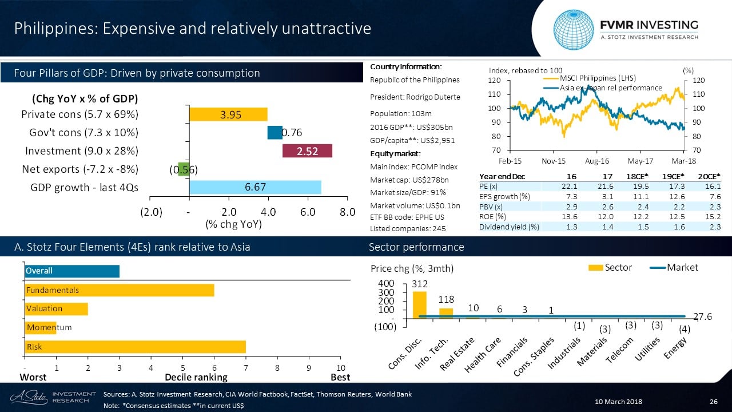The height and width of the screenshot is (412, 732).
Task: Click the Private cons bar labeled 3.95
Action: [x=228, y=114]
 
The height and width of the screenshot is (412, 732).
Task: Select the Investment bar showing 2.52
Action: [x=307, y=150]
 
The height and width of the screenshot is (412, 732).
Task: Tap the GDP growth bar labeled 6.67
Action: [x=255, y=187]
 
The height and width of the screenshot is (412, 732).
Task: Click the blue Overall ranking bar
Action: [x=71, y=271]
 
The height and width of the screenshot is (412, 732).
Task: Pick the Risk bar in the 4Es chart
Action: [x=135, y=347]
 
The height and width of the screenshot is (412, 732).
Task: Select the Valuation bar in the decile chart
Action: [x=56, y=308]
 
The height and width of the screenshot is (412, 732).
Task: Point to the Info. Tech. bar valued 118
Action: [x=446, y=312]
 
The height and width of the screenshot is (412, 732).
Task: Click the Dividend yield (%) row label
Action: [x=509, y=227]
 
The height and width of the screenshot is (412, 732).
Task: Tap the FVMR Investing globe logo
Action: [x=575, y=29]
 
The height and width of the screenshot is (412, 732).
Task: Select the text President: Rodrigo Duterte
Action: [x=415, y=97]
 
